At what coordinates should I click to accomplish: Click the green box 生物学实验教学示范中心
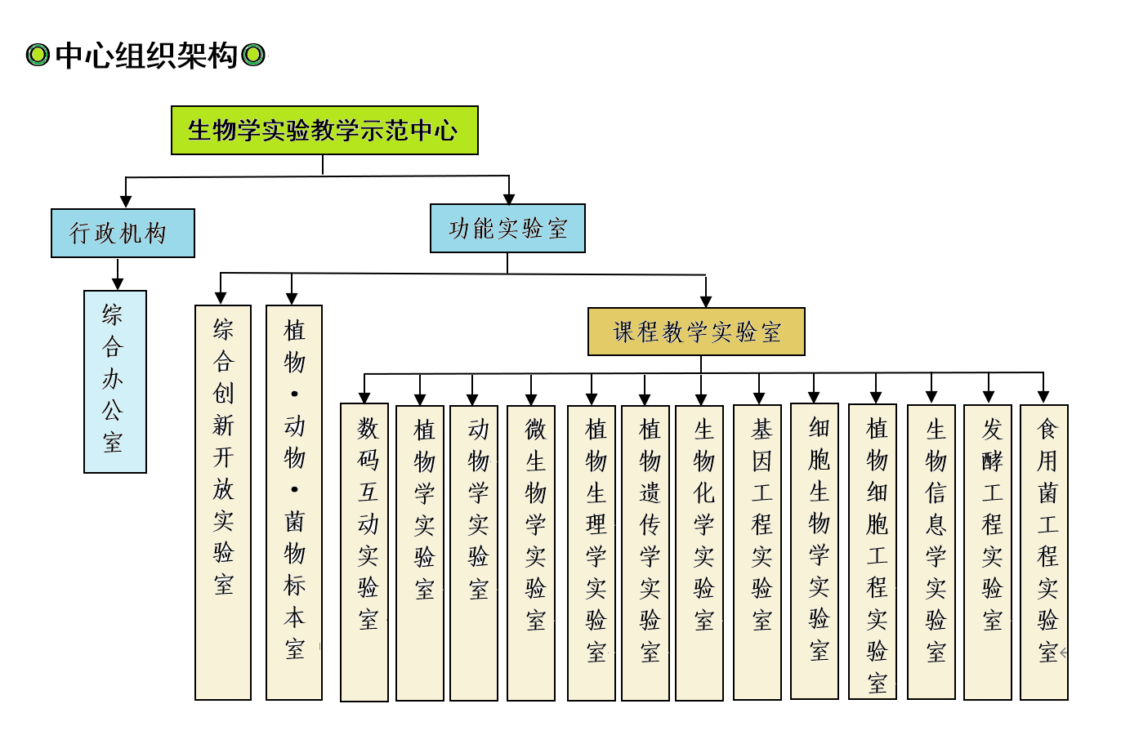(x=324, y=130)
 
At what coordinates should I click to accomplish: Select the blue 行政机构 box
(x=123, y=234)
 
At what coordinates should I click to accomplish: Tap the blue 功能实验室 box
(x=507, y=228)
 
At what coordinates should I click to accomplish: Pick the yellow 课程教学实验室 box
(x=696, y=332)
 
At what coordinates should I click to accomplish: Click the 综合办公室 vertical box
(x=115, y=381)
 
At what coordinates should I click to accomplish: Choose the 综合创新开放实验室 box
(x=223, y=502)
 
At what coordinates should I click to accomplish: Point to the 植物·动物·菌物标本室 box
(x=294, y=502)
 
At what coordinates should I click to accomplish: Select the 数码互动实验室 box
(x=364, y=552)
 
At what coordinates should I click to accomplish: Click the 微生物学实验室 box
(x=531, y=553)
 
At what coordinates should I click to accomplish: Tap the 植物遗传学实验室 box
(x=645, y=553)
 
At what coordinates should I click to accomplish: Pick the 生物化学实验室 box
(x=699, y=553)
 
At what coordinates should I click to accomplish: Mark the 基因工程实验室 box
(x=757, y=552)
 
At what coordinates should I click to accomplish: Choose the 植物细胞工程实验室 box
(x=873, y=551)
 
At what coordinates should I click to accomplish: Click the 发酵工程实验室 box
(x=988, y=552)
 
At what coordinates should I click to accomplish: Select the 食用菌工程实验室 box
(x=1044, y=552)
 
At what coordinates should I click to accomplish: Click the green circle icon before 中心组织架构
(x=38, y=56)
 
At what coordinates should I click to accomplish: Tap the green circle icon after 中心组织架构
(x=253, y=56)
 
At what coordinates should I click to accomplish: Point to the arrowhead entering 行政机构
(x=126, y=201)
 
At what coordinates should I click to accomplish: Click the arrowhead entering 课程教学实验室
(x=706, y=301)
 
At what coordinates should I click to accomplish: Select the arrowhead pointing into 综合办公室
(x=118, y=283)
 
